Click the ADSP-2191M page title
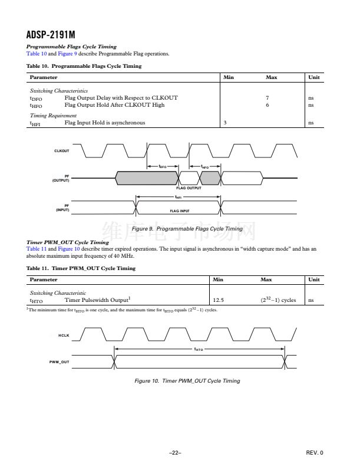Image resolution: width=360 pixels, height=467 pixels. (x=51, y=35)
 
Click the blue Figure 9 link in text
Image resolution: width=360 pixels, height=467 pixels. (x=67, y=54)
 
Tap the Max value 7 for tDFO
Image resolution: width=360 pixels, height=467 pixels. (x=267, y=97)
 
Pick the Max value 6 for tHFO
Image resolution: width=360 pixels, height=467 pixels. (x=267, y=105)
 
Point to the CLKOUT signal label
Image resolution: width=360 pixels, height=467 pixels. (x=62, y=151)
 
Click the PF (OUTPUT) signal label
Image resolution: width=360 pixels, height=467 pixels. (x=61, y=178)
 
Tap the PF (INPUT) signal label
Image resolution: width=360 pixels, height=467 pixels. (x=62, y=208)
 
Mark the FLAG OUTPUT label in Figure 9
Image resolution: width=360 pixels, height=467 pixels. (x=189, y=188)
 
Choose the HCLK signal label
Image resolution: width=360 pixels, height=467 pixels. (x=64, y=336)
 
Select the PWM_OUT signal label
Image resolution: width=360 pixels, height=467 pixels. (x=60, y=361)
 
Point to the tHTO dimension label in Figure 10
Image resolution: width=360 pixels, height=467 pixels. (x=199, y=349)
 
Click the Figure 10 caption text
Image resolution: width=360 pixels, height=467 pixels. (x=187, y=381)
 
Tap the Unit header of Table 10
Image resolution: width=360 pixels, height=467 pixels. (x=314, y=77)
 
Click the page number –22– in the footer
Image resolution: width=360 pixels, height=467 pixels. (x=174, y=452)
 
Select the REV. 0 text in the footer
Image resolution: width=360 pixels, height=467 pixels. (x=315, y=452)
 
